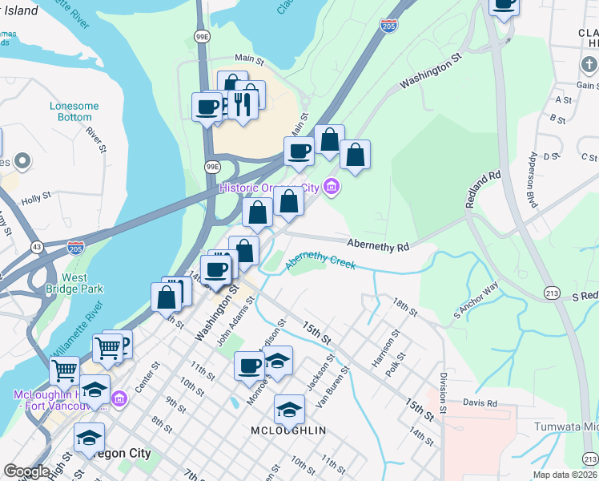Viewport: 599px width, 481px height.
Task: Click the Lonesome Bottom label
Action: pos(74,111)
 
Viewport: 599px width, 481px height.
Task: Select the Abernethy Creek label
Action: pos(320,261)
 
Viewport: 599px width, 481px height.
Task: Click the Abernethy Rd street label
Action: pos(377,245)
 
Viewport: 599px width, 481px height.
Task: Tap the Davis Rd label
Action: pos(480,403)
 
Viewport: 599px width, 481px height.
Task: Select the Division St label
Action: pos(441,394)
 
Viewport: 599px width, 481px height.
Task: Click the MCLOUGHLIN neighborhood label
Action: pos(290,430)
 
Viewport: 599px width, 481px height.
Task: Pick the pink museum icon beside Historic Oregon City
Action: pos(331,188)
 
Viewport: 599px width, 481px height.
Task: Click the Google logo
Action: pos(26,471)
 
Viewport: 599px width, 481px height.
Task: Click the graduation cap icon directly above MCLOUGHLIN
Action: pos(289,410)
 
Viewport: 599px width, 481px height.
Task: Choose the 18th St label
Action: pos(406,307)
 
